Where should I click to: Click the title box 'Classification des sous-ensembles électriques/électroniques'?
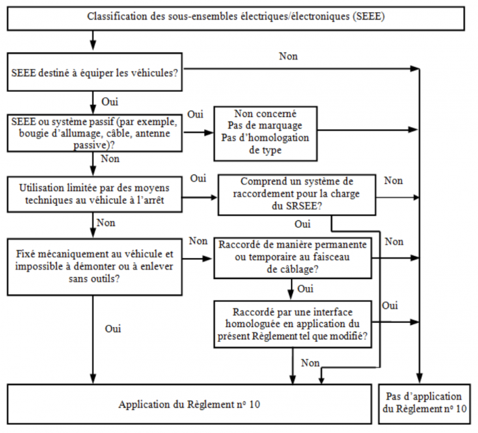[x=236, y=16]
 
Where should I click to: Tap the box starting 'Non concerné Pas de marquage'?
[x=266, y=131]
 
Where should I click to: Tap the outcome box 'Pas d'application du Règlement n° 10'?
[x=423, y=403]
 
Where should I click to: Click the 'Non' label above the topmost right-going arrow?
[x=288, y=55]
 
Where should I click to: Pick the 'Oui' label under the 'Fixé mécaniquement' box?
[x=113, y=329]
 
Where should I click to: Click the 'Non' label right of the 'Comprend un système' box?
[x=393, y=181]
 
